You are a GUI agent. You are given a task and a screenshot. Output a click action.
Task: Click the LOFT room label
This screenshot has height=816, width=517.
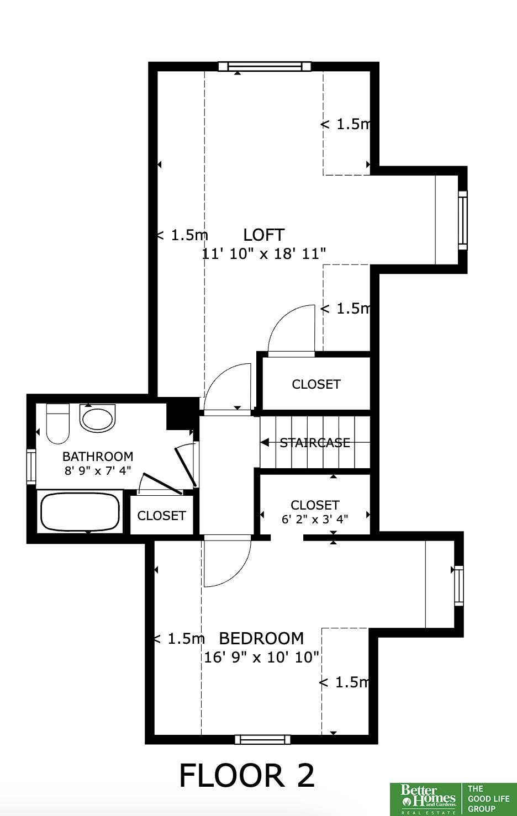pos(263,235)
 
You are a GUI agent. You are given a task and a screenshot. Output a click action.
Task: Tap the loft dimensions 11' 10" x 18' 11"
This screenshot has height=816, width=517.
pos(263,253)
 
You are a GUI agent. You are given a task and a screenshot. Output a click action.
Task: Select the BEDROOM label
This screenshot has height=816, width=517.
pos(261,639)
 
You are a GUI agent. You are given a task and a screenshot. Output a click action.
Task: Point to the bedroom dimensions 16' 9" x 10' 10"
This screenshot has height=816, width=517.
pos(261,658)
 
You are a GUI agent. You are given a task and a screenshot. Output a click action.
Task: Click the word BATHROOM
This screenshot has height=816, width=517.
pos(98,457)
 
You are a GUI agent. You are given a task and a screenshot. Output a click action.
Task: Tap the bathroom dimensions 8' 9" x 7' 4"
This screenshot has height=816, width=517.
pos(98,470)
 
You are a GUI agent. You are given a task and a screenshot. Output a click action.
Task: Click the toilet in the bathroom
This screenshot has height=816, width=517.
pos(57,423)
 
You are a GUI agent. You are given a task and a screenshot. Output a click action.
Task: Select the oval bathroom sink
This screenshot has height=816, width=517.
pos(97,419)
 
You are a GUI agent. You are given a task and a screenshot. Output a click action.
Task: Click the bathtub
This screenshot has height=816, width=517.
pos(80,511)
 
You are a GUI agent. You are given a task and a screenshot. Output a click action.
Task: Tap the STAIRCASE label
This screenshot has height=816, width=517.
pos(315,443)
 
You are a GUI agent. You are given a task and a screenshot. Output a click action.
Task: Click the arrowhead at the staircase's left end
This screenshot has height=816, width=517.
pos(265,443)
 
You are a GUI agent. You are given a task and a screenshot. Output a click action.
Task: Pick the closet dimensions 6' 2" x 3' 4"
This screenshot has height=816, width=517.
pos(315,519)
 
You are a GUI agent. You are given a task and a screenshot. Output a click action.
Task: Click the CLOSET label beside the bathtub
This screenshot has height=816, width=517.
pos(161,516)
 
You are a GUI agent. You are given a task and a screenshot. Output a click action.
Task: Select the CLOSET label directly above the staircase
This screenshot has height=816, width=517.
pos(316,384)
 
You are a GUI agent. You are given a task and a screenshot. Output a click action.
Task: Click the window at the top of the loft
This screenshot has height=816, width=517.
pos(265,66)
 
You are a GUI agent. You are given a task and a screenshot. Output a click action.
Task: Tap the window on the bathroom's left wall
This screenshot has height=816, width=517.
pos(31,467)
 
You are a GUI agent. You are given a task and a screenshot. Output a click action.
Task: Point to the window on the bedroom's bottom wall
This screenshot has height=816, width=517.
pos(262,739)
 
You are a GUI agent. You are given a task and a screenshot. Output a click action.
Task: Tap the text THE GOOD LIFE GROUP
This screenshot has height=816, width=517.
pos(488,799)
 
